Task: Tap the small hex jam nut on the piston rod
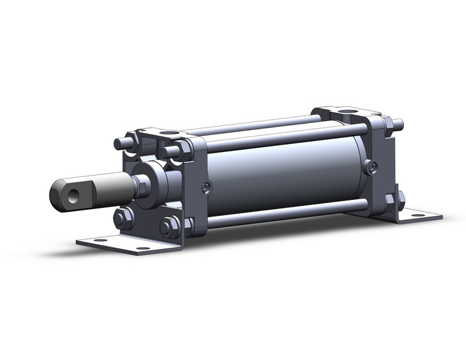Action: [140, 185]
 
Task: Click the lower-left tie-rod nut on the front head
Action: [122, 218]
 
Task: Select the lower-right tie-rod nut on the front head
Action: [170, 227]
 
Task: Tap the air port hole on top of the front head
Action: [170, 132]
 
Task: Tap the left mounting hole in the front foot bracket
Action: [99, 240]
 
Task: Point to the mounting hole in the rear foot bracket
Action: [418, 215]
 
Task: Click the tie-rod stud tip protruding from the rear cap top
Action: [399, 124]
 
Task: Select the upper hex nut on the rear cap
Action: [388, 126]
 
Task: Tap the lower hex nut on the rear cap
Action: [390, 200]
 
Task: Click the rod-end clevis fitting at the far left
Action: [71, 192]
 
